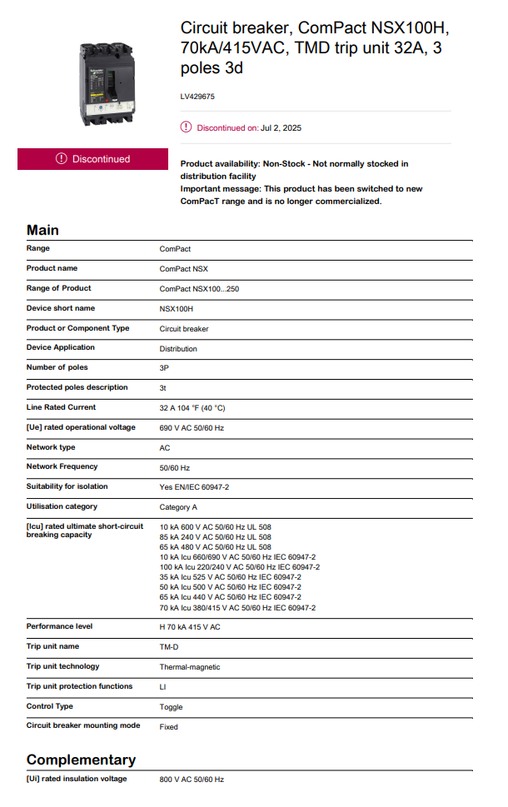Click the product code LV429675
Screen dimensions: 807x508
(198, 97)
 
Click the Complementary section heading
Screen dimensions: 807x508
(81, 760)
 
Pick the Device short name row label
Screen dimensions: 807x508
(61, 308)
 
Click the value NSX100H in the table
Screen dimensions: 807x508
(177, 309)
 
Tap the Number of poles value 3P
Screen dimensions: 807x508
(165, 368)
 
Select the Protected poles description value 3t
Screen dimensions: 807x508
(164, 388)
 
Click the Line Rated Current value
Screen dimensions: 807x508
(192, 408)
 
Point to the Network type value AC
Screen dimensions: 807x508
(165, 448)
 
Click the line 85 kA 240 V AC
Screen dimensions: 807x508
(215, 537)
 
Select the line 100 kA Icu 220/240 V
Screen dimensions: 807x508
(239, 567)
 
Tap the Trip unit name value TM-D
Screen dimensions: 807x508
(170, 647)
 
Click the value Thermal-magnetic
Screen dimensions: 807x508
(190, 667)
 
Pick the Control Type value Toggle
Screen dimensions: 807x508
(172, 707)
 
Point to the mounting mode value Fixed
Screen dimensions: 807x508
(169, 727)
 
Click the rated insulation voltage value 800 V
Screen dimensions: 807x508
(192, 780)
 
